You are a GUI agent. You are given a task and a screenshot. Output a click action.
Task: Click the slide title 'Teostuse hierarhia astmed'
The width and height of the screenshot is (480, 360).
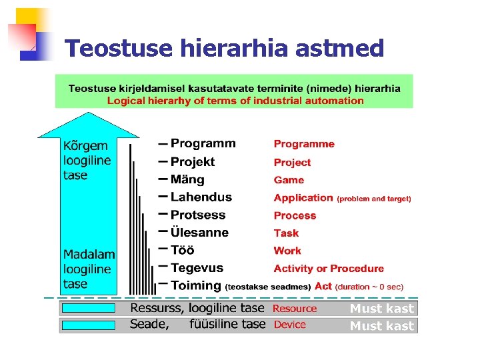pos(225,48)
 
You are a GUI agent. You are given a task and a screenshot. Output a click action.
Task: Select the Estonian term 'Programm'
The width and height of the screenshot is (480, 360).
pos(203,143)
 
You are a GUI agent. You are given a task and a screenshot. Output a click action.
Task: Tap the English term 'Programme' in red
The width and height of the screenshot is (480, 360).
pos(304,144)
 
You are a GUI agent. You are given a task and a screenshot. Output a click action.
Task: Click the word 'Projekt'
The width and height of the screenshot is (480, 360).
pos(193,162)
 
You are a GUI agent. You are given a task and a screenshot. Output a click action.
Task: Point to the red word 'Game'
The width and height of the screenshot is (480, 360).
pos(289,180)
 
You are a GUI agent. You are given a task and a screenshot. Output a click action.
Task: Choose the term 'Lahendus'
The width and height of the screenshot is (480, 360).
pos(201,197)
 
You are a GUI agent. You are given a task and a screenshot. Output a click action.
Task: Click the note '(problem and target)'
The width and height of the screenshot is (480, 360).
pos(374,199)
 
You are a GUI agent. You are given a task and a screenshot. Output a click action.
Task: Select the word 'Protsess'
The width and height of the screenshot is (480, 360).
pos(198,215)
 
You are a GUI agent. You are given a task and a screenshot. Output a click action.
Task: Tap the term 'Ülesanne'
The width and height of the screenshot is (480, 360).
pos(199,233)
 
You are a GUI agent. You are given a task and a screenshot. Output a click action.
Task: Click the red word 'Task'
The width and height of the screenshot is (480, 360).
pos(286,233)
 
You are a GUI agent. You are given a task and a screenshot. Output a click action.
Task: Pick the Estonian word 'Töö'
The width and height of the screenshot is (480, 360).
pos(183,251)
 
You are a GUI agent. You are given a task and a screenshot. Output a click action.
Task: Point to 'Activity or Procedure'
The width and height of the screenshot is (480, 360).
pos(329,269)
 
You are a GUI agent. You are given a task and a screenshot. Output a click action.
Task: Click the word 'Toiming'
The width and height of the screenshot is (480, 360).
pos(196,285)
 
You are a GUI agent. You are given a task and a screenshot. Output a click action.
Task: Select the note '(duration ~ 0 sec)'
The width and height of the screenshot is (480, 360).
pos(369,287)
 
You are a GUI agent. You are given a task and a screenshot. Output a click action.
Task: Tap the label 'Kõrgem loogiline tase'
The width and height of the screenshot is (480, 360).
pos(87,161)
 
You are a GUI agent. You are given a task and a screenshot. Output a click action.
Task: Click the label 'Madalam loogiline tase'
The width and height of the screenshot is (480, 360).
pos(89,269)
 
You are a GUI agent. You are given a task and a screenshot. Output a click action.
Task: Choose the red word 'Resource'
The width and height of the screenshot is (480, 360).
pos(295,309)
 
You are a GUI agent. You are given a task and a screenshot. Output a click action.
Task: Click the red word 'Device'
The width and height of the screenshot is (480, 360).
pos(289,325)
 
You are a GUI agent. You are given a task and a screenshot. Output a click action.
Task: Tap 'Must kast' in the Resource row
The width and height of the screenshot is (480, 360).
pos(382,309)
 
